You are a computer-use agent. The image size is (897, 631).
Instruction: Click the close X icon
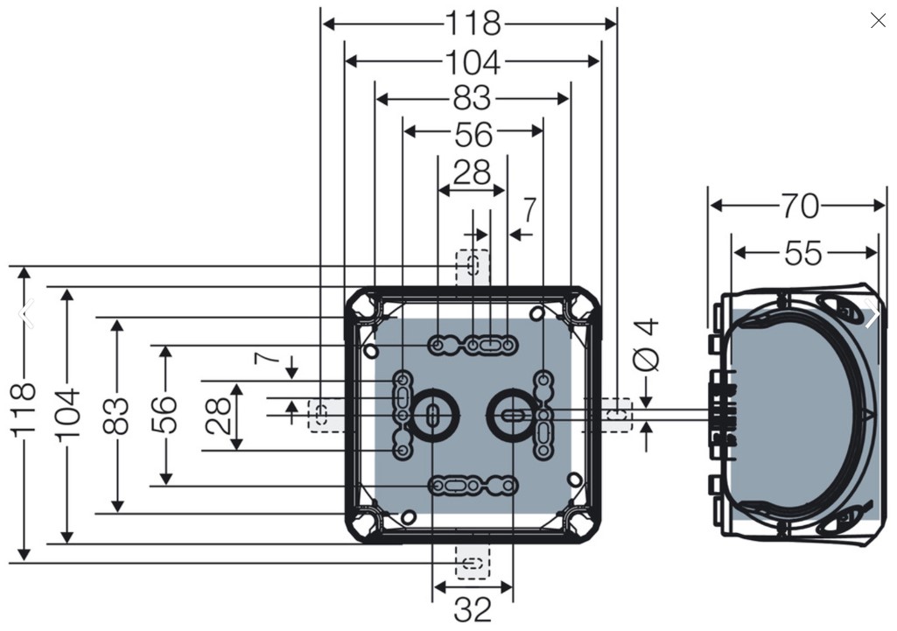(x=878, y=21)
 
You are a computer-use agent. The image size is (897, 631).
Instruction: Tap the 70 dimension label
(x=800, y=206)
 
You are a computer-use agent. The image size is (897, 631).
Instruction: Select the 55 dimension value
(x=803, y=253)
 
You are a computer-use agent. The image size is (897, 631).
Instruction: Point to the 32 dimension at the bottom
(x=473, y=609)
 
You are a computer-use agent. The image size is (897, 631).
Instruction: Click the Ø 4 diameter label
(x=647, y=345)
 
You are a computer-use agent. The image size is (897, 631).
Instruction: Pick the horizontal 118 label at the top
(x=473, y=24)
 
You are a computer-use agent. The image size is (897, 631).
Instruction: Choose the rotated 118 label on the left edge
(x=24, y=410)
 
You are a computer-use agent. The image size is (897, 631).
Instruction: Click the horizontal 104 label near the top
(x=473, y=62)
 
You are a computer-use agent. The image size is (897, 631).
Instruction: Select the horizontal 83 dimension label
(x=472, y=98)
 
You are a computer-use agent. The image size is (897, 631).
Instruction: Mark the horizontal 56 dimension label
(x=473, y=136)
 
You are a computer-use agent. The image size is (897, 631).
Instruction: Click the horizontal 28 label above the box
(x=472, y=172)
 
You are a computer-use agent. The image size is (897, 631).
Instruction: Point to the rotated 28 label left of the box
(x=218, y=416)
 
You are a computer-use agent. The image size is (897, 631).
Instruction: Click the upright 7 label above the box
(x=529, y=210)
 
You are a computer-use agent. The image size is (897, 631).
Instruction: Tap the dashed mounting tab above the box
(x=473, y=267)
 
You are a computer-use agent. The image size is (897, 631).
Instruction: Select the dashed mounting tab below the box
(x=473, y=563)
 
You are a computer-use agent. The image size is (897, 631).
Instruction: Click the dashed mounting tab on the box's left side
(x=326, y=416)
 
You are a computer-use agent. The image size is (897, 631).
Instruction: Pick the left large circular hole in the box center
(x=432, y=416)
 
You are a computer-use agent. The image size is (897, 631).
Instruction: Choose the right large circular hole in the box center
(x=512, y=416)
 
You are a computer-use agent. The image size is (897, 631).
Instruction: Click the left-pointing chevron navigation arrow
(x=25, y=313)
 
